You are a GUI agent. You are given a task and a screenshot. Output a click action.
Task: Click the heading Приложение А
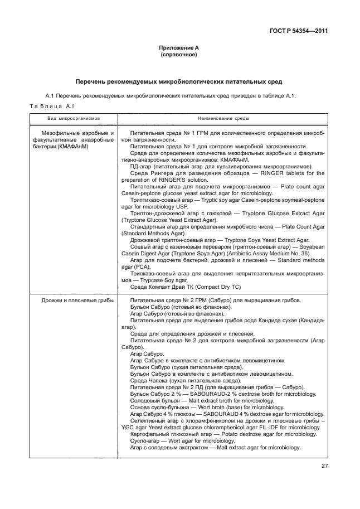[x=178, y=49]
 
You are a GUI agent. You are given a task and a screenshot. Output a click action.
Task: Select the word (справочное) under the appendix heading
[x=178, y=55]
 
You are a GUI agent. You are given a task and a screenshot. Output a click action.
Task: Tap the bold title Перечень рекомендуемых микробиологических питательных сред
[x=178, y=81]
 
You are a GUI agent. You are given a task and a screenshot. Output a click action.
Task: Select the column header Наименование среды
[x=223, y=119]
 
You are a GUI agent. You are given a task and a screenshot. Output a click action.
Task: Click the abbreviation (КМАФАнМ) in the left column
[x=80, y=146]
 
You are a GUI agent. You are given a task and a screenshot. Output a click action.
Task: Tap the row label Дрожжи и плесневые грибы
[x=77, y=300]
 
